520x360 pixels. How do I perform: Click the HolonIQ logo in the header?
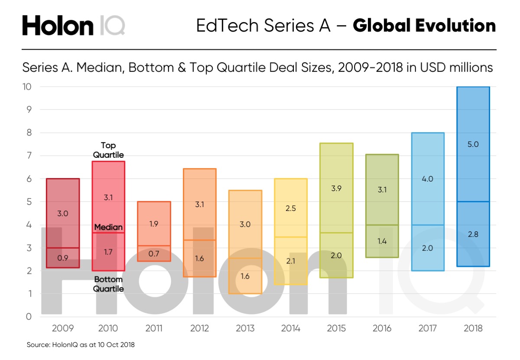coord(73,26)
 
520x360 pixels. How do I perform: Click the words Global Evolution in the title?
coord(424,26)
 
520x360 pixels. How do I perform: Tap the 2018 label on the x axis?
coord(473,328)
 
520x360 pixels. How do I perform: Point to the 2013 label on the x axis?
coord(245,328)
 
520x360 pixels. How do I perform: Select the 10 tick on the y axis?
coord(27,87)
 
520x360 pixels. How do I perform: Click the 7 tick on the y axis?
coord(29,156)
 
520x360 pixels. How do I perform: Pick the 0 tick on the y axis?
coord(29,317)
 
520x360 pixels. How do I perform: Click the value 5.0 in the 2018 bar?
coord(473,145)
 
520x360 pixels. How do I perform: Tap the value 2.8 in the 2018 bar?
coord(473,234)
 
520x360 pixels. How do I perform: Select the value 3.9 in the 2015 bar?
coord(336,189)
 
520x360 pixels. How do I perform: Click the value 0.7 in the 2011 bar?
coord(154,253)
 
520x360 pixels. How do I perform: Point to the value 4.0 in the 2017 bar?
coord(427,178)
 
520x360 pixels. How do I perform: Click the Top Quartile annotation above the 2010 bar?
coord(108,150)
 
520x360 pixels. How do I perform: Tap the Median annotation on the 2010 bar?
coord(108,227)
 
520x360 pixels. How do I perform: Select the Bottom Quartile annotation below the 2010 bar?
coord(108,284)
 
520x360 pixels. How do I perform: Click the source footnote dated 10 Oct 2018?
coord(81,345)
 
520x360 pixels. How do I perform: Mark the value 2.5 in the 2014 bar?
coord(291,208)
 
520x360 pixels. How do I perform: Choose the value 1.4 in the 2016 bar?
coord(382,242)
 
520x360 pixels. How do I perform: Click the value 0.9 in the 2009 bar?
coord(63,258)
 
